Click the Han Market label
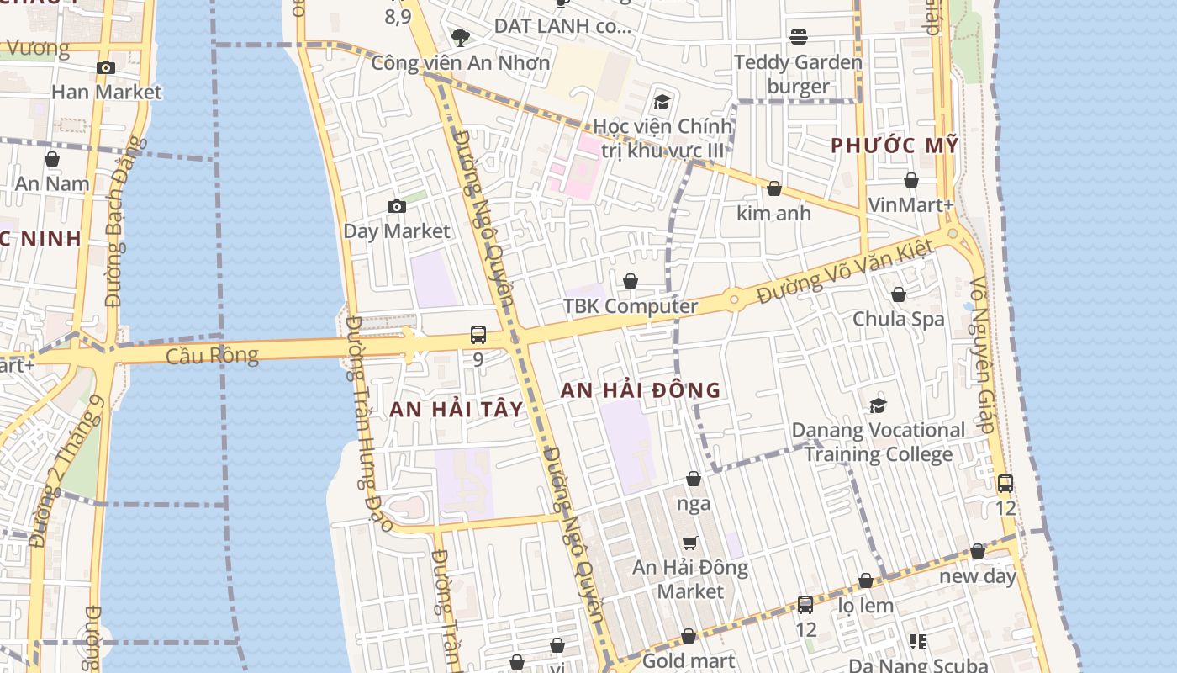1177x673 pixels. (106, 91)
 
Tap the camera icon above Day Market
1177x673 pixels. (396, 206)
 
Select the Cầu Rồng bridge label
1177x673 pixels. (212, 355)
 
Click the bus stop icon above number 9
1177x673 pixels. (478, 335)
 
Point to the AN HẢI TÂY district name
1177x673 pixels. (457, 410)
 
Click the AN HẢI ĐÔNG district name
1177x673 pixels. (641, 390)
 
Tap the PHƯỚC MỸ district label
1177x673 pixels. (895, 146)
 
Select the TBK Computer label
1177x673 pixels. (631, 306)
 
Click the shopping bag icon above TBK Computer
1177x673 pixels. (631, 281)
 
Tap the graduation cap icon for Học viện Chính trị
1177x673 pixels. (662, 103)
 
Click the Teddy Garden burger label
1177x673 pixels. (798, 74)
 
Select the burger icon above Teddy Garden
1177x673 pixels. (798, 36)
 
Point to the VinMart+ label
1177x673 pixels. (910, 204)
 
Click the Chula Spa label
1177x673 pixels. (898, 319)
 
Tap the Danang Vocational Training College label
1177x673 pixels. (879, 442)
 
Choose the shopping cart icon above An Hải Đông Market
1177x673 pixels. (690, 543)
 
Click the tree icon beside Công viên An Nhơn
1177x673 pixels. (460, 37)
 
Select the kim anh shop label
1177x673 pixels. (773, 213)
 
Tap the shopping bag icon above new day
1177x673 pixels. (977, 552)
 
